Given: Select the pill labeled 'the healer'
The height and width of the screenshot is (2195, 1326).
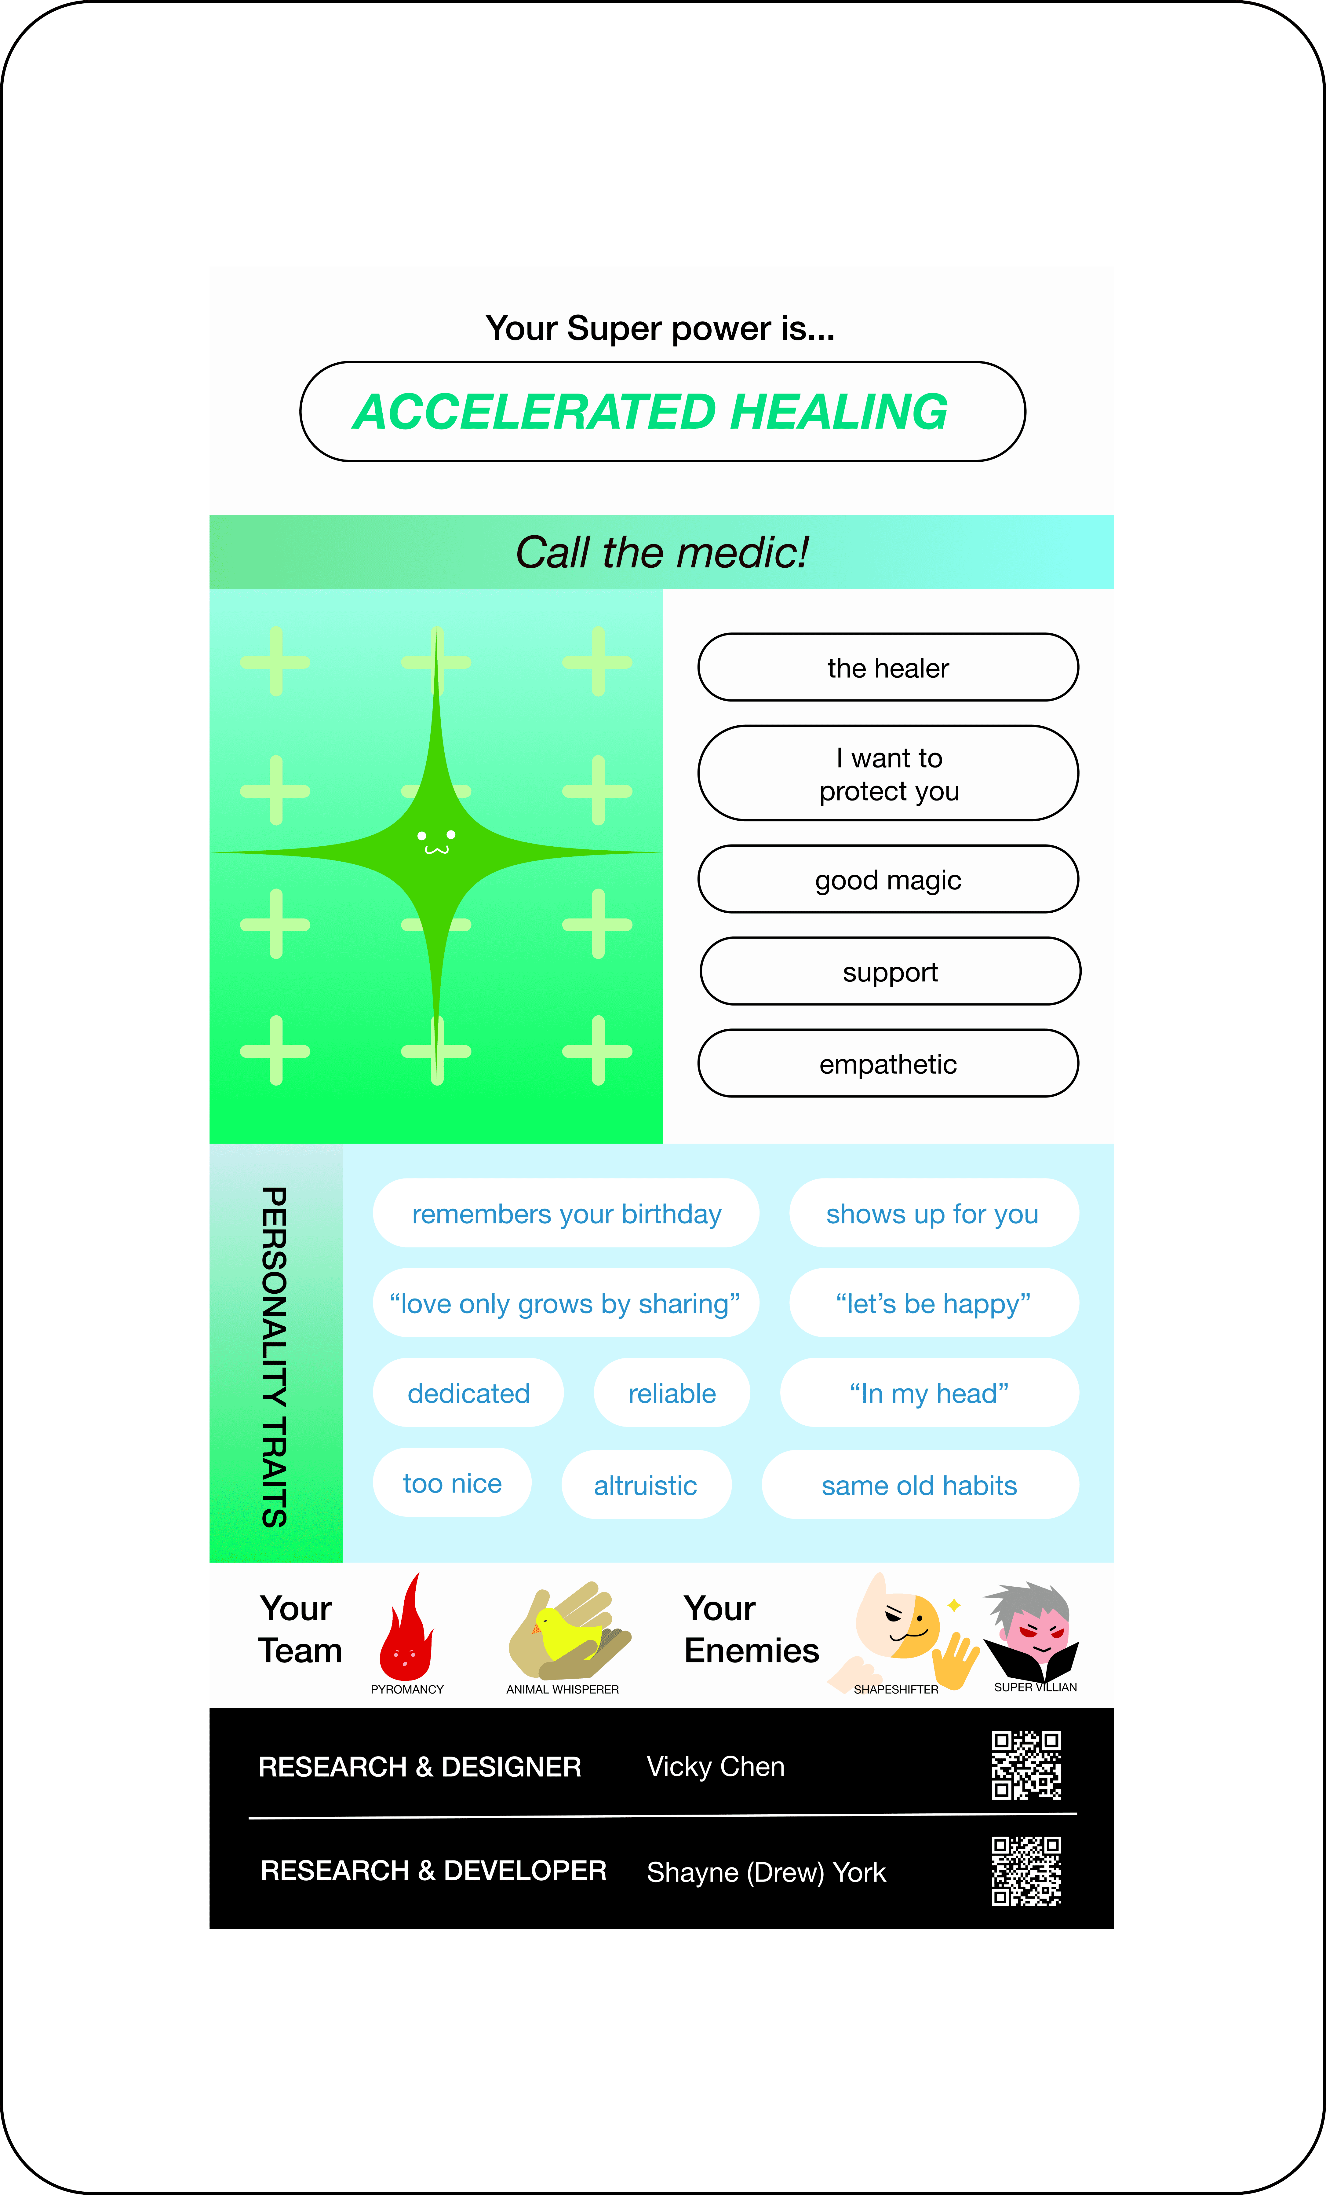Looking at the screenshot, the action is tap(888, 667).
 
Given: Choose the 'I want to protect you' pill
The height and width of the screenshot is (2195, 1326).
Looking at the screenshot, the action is tap(888, 773).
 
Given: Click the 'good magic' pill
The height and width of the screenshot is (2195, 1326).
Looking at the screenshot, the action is tap(888, 879).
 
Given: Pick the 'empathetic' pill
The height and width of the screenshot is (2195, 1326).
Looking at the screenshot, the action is tap(888, 1064).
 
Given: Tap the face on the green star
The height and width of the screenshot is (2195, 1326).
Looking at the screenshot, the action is tap(436, 842).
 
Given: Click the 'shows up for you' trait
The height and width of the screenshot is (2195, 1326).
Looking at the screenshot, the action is tap(932, 1213).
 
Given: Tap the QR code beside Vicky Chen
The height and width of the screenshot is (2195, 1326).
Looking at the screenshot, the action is tap(1026, 1766).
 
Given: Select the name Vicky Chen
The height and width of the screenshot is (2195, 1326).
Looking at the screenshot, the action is tap(715, 1767).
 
